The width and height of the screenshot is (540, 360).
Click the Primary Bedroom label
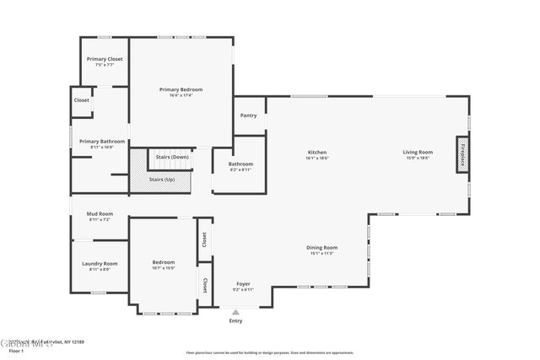coord(181,89)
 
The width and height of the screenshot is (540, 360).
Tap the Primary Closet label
coord(105,60)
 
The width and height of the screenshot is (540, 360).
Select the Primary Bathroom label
coord(102,142)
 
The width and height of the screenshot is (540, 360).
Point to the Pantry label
coord(248,116)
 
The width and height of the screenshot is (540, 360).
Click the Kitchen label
coord(317,153)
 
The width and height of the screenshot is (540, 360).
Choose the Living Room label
coord(418,153)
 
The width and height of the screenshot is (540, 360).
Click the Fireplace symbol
coord(462,156)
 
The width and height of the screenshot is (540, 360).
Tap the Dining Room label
coord(322,248)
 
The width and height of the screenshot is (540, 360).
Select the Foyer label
coord(242,284)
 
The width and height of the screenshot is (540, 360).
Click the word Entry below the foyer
coord(235,321)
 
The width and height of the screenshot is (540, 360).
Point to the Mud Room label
coord(99,214)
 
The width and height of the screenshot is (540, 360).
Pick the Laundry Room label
coord(100,264)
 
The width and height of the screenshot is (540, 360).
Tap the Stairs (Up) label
coord(162,179)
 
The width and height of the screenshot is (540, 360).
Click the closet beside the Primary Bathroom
coord(82,100)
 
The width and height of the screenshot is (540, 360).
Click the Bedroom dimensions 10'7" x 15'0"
coord(163,268)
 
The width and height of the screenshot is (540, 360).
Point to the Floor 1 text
coord(15,350)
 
